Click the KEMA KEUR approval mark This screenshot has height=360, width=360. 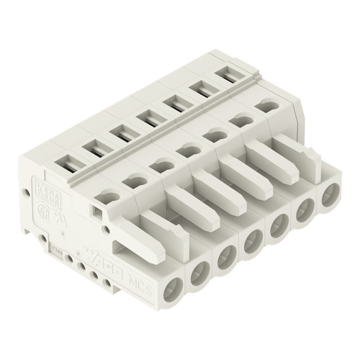tap(41, 194)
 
